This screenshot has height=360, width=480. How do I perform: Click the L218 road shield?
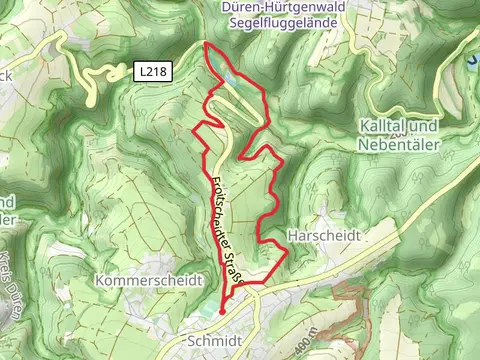(155, 72)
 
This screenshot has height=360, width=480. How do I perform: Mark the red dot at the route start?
(222, 312)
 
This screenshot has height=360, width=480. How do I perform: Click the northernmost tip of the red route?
(206, 43)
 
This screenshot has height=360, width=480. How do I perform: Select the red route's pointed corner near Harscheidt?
(288, 253)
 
